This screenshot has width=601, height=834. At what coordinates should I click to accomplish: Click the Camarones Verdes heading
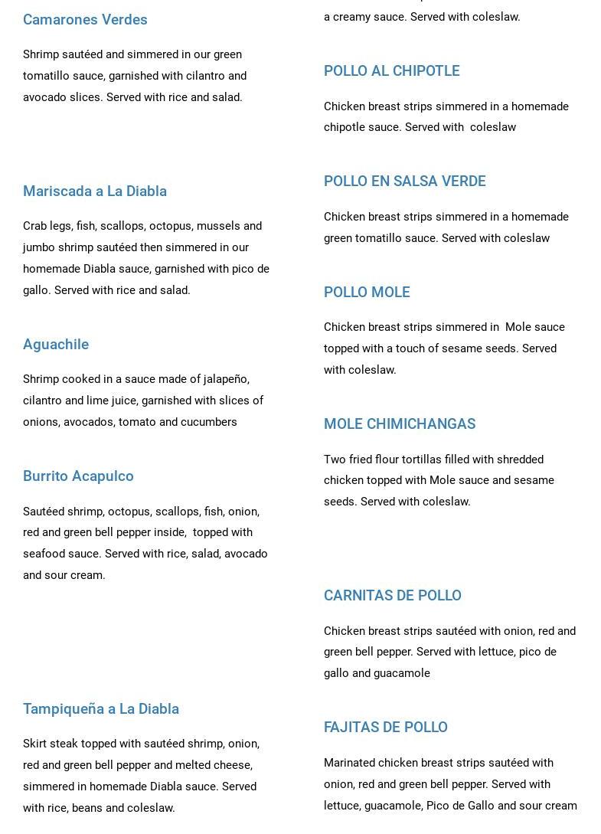point(85,20)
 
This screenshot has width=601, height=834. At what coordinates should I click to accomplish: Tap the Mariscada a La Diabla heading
point(95,191)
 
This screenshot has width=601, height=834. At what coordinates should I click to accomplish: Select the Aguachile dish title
point(56,345)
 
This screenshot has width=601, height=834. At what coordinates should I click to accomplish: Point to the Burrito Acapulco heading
point(78,476)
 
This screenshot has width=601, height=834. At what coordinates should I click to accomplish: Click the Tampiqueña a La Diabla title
point(101,709)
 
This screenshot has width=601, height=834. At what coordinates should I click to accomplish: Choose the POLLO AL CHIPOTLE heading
point(391,71)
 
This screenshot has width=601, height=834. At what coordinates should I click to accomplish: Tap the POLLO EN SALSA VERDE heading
point(404,182)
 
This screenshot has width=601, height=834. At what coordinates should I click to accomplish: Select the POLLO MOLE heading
point(367,293)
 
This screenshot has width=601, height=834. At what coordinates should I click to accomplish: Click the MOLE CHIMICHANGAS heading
point(400,424)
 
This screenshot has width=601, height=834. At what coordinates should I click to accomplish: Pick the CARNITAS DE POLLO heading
point(392,596)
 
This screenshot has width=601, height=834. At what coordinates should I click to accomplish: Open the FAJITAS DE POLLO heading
point(385,728)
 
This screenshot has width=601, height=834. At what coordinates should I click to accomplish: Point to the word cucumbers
point(209,423)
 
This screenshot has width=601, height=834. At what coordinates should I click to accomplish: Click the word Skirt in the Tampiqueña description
point(36,744)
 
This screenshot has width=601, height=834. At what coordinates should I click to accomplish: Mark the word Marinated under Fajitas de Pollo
point(351,764)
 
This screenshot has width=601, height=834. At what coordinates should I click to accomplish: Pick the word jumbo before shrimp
point(39,248)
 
